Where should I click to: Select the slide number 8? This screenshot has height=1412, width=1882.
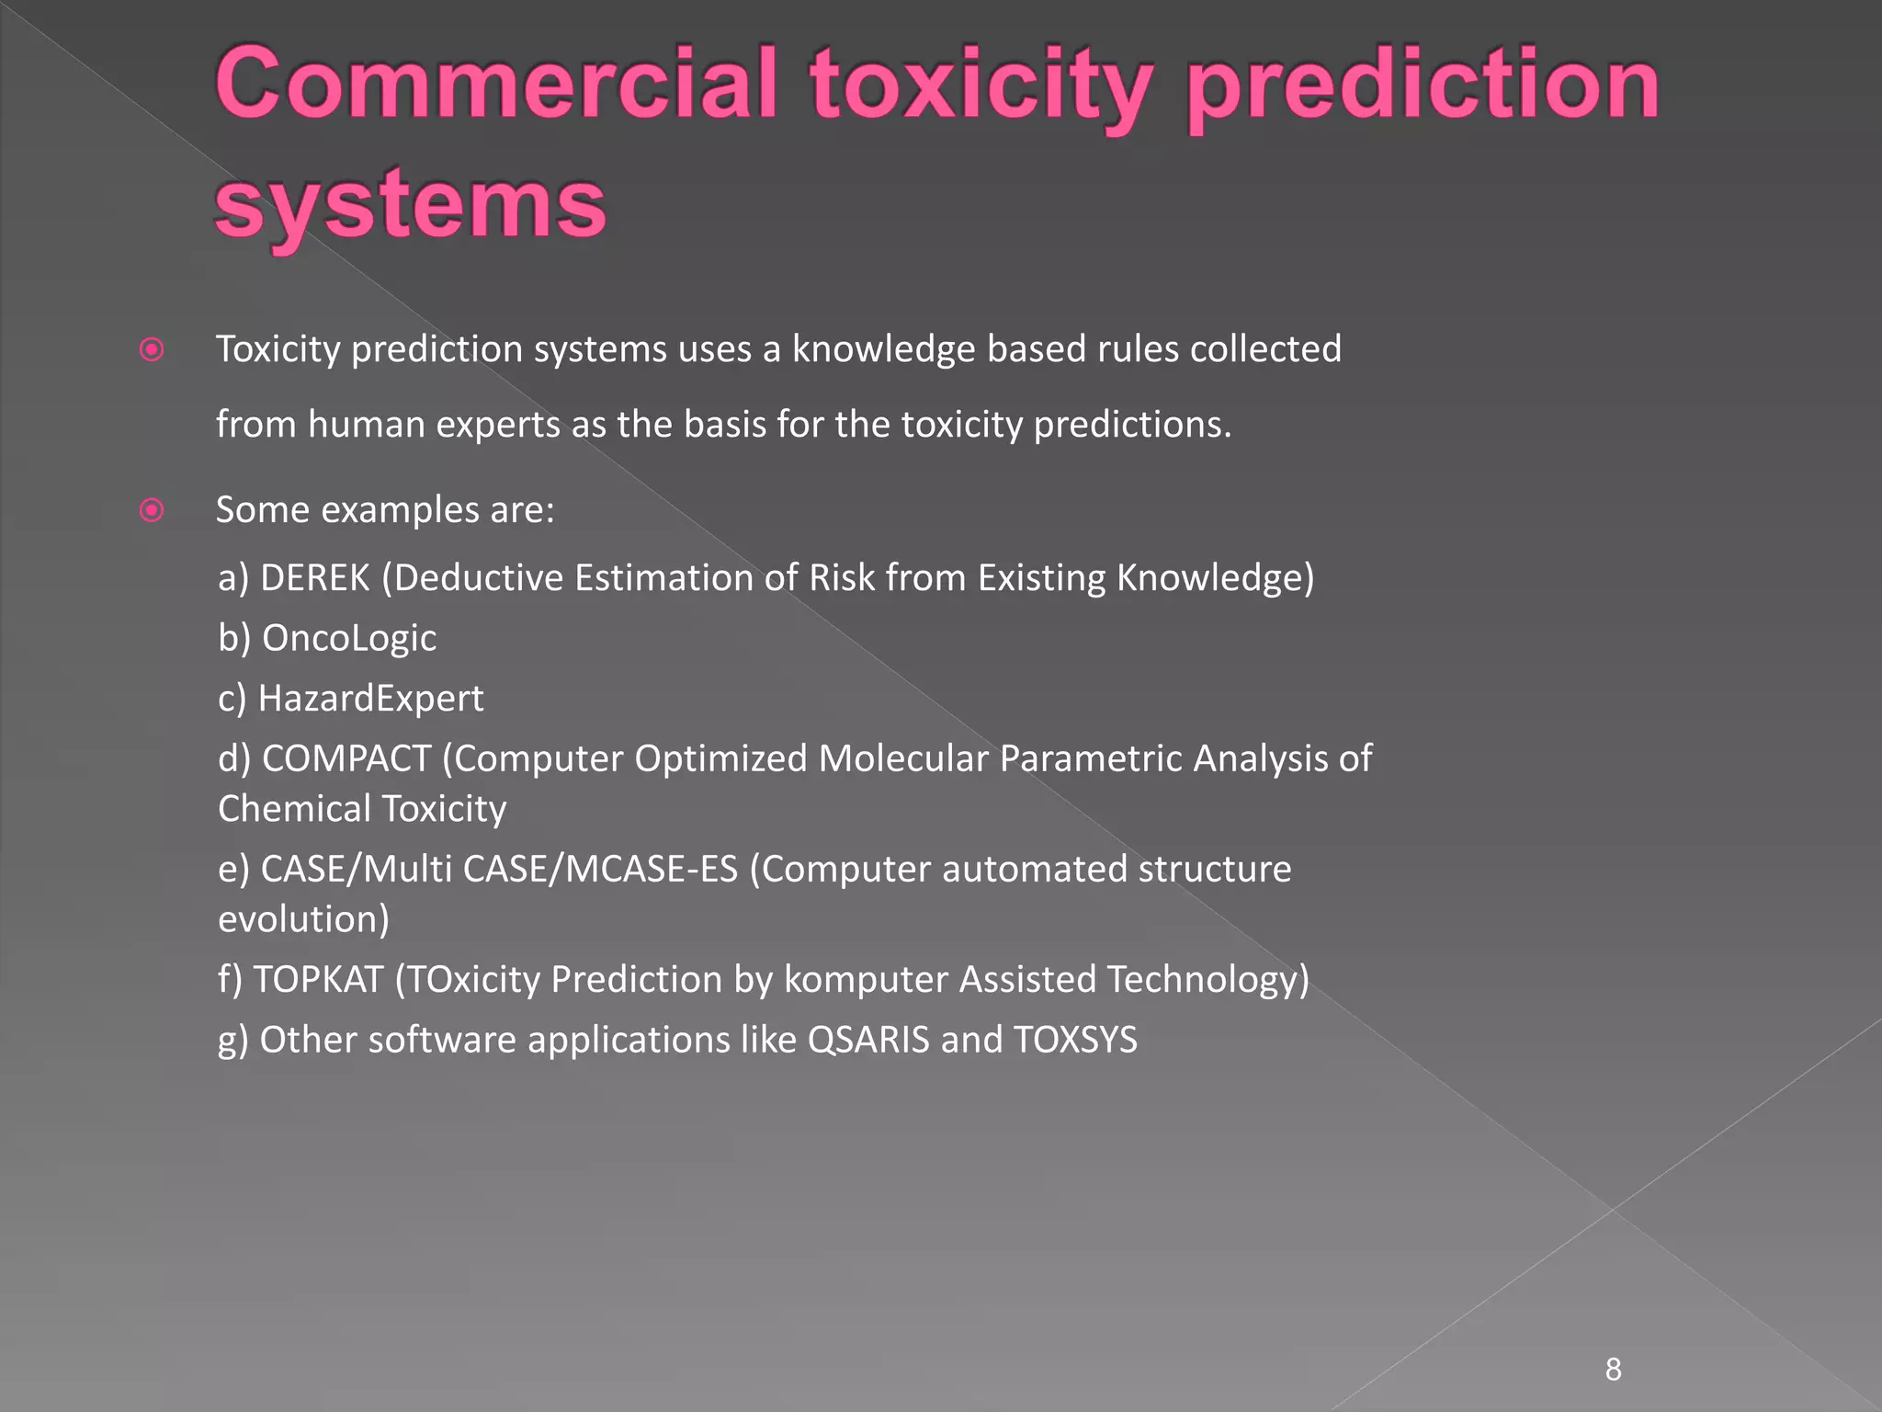pyautogui.click(x=1613, y=1370)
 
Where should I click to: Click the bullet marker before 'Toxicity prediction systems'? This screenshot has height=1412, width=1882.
pyautogui.click(x=152, y=350)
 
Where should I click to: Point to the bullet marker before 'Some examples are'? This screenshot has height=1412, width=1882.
pyautogui.click(x=152, y=510)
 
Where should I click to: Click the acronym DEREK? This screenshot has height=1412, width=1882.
pyautogui.click(x=315, y=578)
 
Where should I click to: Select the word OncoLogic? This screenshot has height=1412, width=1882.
pyautogui.click(x=349, y=638)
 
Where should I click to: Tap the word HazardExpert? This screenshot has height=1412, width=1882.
pyautogui.click(x=370, y=699)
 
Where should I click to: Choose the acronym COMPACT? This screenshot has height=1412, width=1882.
pyautogui.click(x=346, y=758)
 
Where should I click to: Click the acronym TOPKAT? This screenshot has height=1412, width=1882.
pyautogui.click(x=318, y=979)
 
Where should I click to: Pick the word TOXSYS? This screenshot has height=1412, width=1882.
pyautogui.click(x=1075, y=1040)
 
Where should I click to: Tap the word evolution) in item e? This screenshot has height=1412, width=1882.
pyautogui.click(x=303, y=919)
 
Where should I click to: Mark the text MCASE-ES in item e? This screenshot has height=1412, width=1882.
pyautogui.click(x=652, y=869)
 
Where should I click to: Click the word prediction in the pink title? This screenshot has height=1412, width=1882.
pyautogui.click(x=1423, y=88)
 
